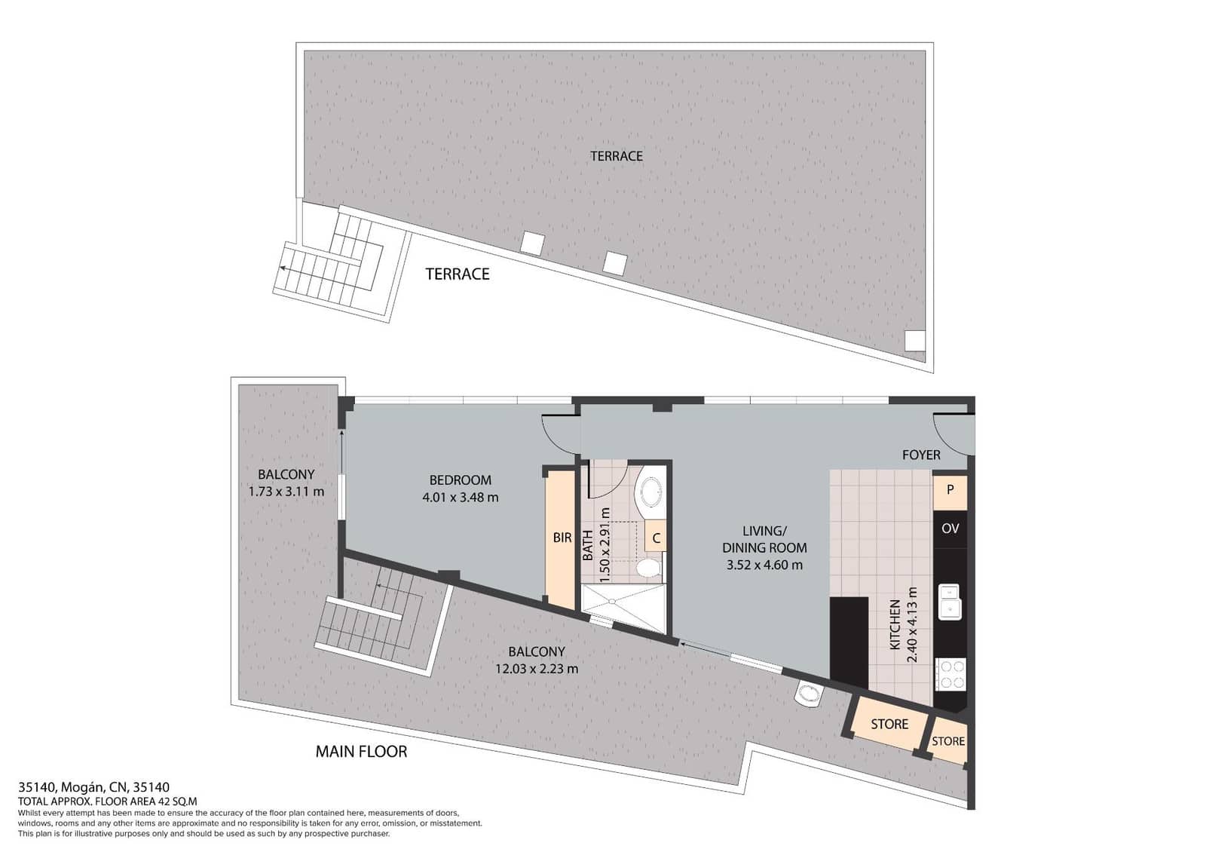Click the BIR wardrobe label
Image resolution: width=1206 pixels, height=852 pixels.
(562, 538)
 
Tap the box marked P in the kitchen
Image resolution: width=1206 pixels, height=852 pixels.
(950, 489)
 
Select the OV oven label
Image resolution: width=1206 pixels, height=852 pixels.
(950, 529)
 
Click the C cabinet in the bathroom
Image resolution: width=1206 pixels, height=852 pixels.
(656, 538)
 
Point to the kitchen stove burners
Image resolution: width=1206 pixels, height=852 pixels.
(950, 675)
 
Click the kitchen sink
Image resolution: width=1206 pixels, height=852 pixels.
(949, 601)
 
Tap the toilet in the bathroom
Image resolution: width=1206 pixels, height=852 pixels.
(647, 567)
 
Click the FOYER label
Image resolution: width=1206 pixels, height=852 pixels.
(921, 455)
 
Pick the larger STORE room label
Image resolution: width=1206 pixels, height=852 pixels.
(889, 724)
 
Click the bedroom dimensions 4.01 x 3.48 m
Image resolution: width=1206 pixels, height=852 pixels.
(461, 498)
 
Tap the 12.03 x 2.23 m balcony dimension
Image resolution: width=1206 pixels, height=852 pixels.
(537, 669)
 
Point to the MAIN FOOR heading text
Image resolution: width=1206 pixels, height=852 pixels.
(361, 752)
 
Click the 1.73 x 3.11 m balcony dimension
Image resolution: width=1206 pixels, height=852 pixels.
(286, 492)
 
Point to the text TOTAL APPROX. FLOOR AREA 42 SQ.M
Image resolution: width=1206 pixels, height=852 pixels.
(107, 802)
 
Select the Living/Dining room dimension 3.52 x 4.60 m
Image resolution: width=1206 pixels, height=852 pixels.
(764, 565)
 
